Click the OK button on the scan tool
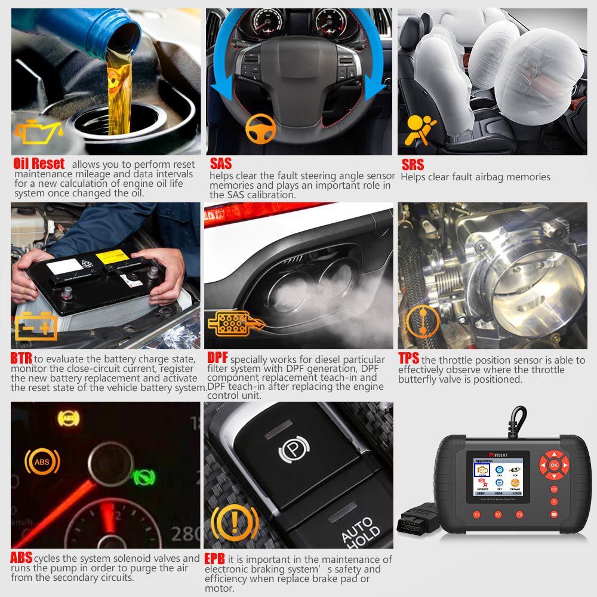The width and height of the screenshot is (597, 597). pyautogui.click(x=553, y=464)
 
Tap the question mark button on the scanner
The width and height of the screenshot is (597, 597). pyautogui.click(x=555, y=501)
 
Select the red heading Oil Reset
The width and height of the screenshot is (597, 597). pyautogui.click(x=39, y=164)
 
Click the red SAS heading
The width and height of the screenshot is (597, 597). pyautogui.click(x=220, y=164)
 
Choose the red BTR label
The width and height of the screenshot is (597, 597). pyautogui.click(x=21, y=359)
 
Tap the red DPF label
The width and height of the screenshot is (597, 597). pyautogui.click(x=217, y=359)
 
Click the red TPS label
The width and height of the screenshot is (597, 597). pyautogui.click(x=409, y=359)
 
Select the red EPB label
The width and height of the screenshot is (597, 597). pyautogui.click(x=214, y=559)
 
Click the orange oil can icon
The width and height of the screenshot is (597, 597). pyautogui.click(x=38, y=132)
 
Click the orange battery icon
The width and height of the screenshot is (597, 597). pyautogui.click(x=36, y=326)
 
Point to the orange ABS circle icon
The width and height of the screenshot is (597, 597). pyautogui.click(x=42, y=461)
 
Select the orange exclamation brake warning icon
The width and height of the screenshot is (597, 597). pyautogui.click(x=235, y=521)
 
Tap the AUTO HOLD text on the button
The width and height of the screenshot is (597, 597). pyautogui.click(x=359, y=528)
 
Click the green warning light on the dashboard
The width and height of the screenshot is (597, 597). pyautogui.click(x=143, y=476)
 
